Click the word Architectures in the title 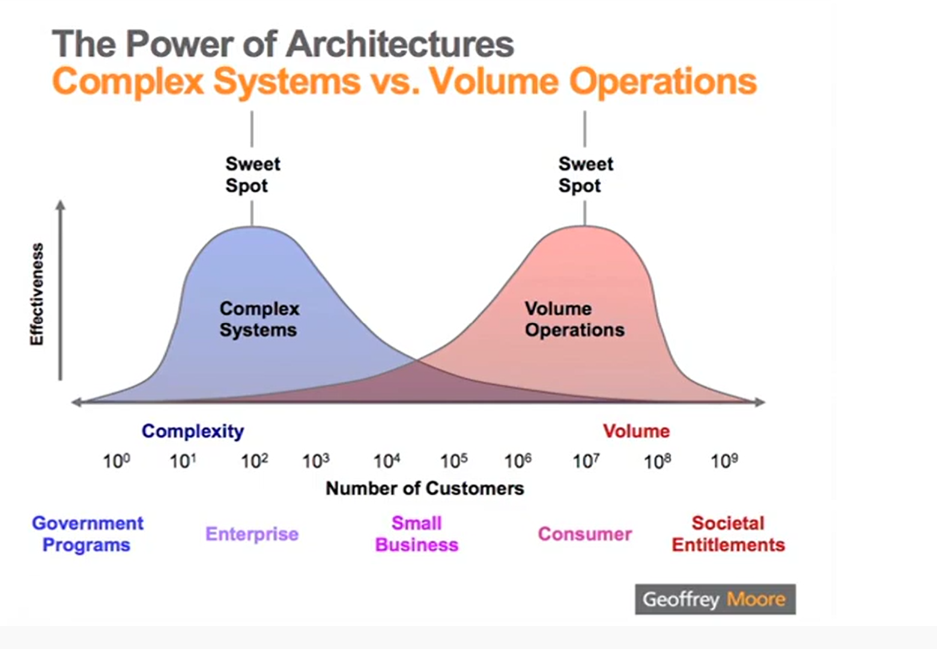(400, 44)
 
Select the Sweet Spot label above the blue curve (253, 175)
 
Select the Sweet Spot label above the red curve (586, 175)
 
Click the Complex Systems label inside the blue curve (259, 319)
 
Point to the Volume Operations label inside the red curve (575, 319)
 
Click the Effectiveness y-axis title (37, 294)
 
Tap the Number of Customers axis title (425, 488)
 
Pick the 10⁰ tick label (117, 461)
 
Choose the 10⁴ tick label (387, 461)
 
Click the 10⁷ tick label (586, 461)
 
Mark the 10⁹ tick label (724, 461)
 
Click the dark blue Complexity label (193, 431)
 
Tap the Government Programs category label (88, 534)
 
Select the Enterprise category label (252, 534)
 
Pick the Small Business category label (417, 534)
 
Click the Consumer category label (585, 534)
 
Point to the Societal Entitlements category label (728, 534)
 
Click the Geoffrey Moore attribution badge (715, 599)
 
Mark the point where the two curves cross (416, 359)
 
